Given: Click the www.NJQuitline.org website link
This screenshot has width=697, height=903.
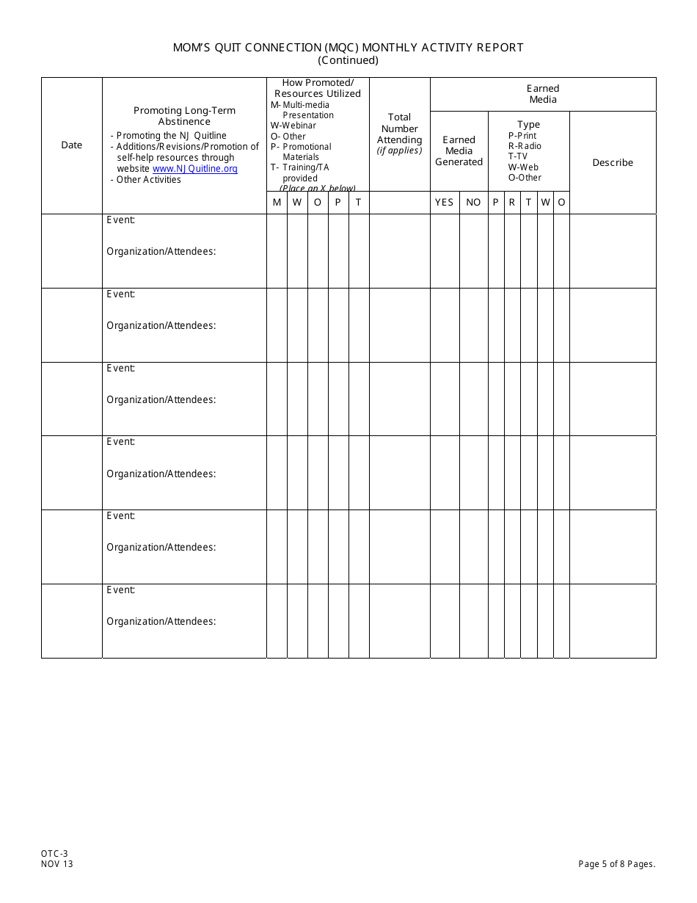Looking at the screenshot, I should coord(195,169).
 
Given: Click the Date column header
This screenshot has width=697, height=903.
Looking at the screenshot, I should coord(72,145).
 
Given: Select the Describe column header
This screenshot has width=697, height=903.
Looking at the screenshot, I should coord(613,163).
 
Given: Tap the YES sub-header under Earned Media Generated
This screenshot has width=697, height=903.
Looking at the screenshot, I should coord(445,203).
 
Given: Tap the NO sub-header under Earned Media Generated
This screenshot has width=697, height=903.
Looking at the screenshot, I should coord(474,203).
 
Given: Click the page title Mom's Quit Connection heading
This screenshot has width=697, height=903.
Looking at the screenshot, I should coord(348,48).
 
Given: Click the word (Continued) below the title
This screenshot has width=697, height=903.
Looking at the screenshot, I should coord(348,61).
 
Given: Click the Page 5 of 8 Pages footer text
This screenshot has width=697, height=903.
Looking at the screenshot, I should coord(616,864).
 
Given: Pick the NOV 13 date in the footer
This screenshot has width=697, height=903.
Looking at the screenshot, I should coord(57,864).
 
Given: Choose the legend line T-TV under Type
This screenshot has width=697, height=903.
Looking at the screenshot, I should coord(518,156).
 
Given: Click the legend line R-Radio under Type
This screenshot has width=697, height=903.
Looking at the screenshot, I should coord(525,146).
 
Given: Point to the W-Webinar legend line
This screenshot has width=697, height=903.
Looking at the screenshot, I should coord(293,126).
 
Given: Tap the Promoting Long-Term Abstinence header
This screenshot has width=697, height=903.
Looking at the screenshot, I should coord(185,116).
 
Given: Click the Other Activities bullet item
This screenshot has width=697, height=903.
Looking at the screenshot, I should coord(148,180).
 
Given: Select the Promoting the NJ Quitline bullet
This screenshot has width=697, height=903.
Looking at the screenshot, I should coord(171,136).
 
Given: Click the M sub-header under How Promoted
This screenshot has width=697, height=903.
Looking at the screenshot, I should coord(277,203).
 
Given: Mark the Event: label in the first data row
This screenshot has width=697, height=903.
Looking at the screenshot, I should coord(121,220).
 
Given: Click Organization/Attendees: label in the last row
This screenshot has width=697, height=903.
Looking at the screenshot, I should coord(161,622).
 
